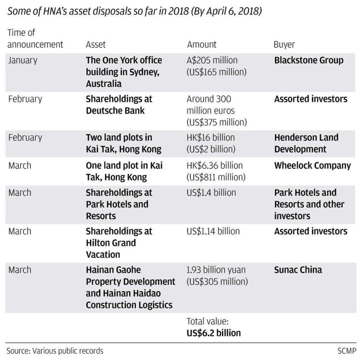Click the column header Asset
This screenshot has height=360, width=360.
coord(96,45)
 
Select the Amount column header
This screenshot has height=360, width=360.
coord(201,45)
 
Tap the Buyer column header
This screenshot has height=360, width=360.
coord(284,45)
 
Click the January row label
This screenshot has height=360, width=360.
coord(22,60)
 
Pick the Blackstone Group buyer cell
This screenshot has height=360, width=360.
coord(308,60)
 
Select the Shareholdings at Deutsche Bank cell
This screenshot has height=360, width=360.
coord(119,105)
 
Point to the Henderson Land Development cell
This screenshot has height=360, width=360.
coord(306,143)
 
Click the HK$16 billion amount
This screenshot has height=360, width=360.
coord(211,137)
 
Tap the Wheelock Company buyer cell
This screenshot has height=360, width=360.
coord(312,166)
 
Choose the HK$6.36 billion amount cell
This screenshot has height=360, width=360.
coord(214,166)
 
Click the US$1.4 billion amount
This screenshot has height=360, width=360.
coord(211,193)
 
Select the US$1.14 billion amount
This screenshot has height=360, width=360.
coord(213,231)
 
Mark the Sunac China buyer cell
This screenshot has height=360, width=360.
coord(298,270)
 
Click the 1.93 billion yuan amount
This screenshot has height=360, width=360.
coord(216,270)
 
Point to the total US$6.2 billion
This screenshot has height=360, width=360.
coord(213,333)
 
